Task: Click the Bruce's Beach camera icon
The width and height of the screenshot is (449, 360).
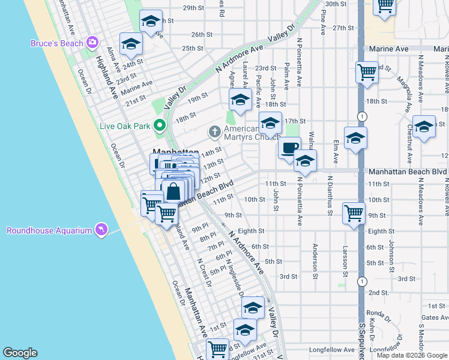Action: point(92,42)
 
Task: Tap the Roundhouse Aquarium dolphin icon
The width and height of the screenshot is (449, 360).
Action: point(101,230)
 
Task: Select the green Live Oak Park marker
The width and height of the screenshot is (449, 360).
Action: point(159,126)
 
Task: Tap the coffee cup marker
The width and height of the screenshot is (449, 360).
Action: point(290,147)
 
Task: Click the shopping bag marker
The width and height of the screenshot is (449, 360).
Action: point(173,193)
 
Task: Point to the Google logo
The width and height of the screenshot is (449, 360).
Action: point(20,353)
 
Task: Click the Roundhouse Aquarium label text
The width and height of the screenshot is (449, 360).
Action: point(49,230)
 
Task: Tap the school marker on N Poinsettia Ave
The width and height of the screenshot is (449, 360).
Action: point(305,161)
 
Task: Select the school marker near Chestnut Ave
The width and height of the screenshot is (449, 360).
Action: point(424,127)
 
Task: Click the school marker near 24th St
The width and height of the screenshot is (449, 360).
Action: point(130,43)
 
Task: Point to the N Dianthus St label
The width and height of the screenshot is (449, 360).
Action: point(330,195)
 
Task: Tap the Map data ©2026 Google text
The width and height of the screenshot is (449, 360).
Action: point(412,355)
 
